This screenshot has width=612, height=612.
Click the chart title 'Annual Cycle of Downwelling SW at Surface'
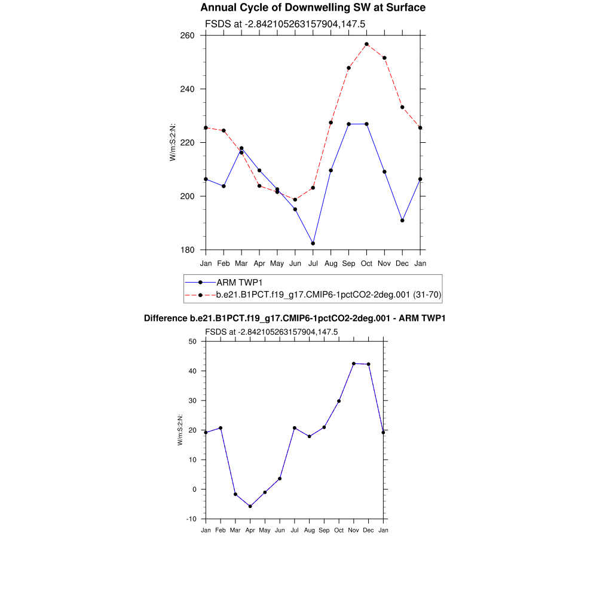tap(313, 8)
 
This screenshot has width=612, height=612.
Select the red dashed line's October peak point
tap(366, 44)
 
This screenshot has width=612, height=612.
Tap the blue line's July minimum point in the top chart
tap(313, 243)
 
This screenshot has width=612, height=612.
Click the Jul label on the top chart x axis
tap(313, 263)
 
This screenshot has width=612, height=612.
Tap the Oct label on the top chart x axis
tap(366, 263)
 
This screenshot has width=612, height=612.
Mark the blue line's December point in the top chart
tap(402, 221)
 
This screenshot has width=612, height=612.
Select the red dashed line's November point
tap(384, 58)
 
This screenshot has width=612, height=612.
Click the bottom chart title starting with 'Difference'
tap(295, 319)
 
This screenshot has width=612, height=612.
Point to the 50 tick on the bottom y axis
tap(192, 341)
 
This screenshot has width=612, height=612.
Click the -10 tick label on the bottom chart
tap(191, 519)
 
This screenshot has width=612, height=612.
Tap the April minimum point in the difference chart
tap(250, 506)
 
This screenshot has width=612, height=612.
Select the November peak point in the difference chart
tap(354, 363)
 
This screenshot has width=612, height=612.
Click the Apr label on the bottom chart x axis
tap(250, 530)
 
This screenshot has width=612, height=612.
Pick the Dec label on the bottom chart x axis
tap(368, 530)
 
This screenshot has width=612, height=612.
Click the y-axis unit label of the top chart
tap(173, 142)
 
